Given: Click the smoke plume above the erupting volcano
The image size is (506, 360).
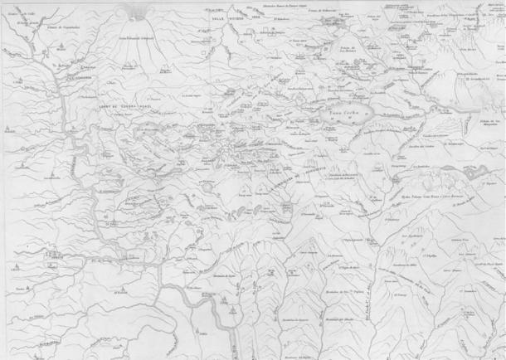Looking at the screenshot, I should point(138,11).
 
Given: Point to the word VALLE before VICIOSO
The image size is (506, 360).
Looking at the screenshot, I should point(217,17).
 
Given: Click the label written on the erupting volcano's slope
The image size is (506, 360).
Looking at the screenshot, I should point(136,39).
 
